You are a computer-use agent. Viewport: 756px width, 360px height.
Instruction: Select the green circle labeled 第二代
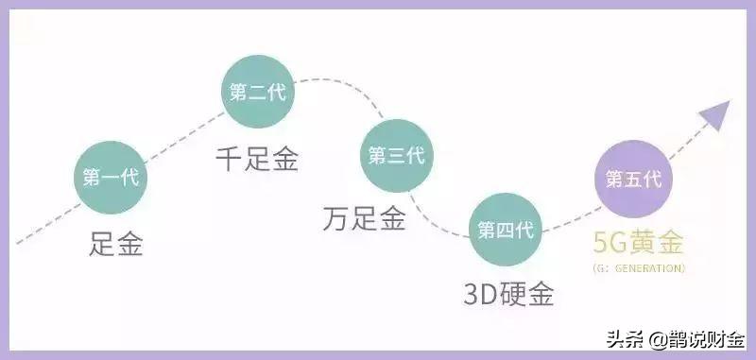click(258, 94)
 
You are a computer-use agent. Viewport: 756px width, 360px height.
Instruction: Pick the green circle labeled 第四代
click(507, 229)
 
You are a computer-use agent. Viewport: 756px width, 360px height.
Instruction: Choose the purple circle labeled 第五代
click(633, 178)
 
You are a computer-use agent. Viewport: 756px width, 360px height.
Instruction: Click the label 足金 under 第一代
click(117, 245)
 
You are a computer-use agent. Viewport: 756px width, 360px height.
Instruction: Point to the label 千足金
click(256, 159)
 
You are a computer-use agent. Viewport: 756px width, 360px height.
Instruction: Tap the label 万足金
click(364, 220)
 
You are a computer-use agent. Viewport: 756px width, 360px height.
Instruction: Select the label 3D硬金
click(507, 294)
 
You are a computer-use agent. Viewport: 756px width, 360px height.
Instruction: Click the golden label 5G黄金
click(638, 243)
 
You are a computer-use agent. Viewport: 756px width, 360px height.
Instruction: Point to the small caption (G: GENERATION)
click(639, 268)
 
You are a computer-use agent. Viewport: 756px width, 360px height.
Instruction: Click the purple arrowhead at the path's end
click(714, 114)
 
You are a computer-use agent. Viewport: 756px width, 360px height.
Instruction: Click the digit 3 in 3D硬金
click(472, 294)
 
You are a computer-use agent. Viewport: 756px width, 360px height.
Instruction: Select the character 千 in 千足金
click(230, 159)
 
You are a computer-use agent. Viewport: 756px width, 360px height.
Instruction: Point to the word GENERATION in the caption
click(648, 268)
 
